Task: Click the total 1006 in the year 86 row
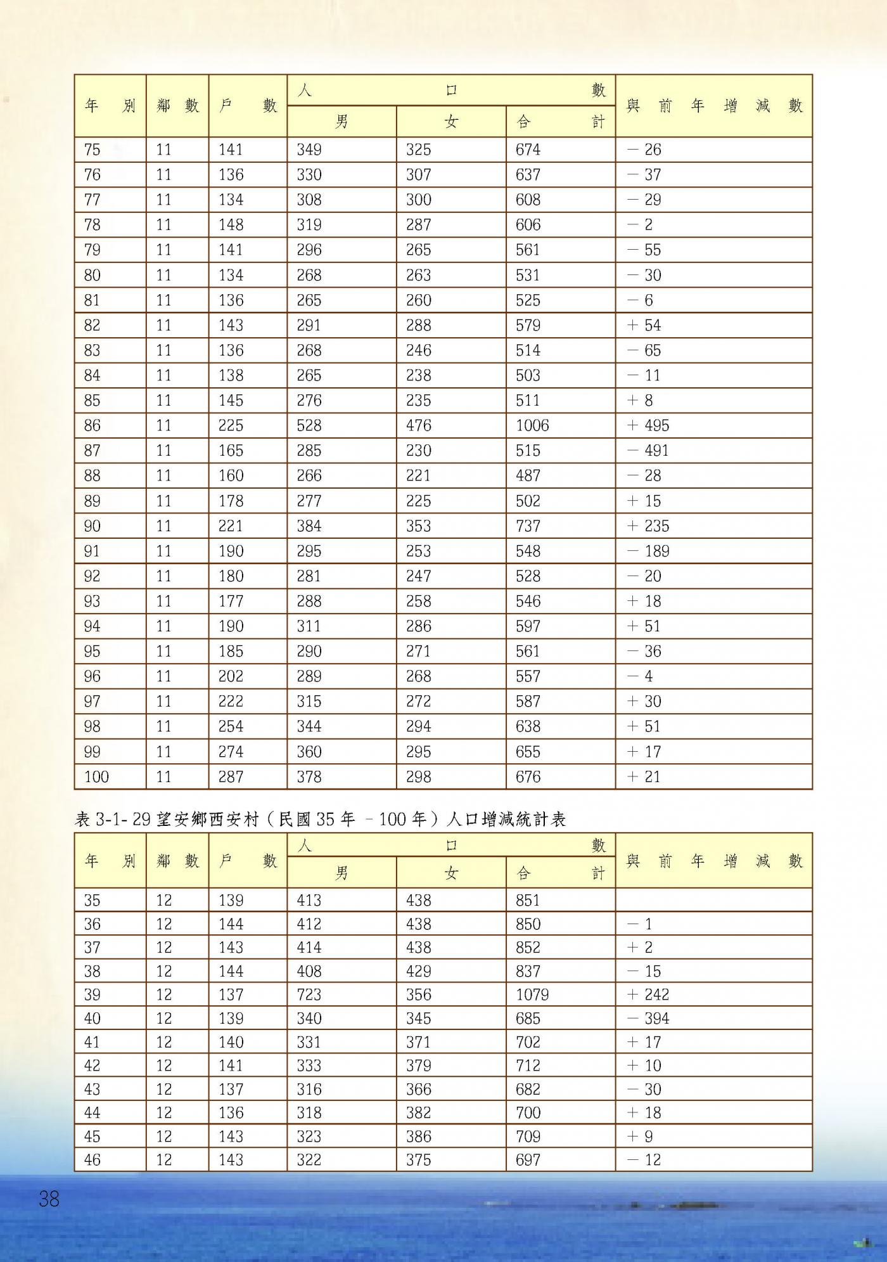[x=532, y=425]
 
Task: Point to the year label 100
[x=96, y=776]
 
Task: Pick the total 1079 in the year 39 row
[x=532, y=995]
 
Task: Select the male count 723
[x=309, y=995]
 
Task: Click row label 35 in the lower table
[x=93, y=900]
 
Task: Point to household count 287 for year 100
[x=231, y=776]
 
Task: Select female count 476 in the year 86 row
[x=419, y=425]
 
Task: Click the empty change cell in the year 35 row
[x=713, y=900]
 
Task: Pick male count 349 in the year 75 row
[x=309, y=150]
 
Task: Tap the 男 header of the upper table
[x=341, y=121]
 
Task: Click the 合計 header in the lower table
[x=560, y=873]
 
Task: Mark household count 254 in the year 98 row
[x=231, y=726]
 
